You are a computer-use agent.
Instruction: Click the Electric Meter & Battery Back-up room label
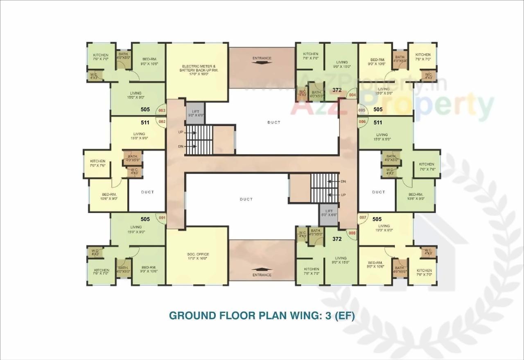[x=199, y=68]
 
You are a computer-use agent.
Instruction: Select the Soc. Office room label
[x=197, y=256]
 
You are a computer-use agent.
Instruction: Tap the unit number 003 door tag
[x=162, y=110]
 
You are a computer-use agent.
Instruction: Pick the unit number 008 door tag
[x=352, y=233]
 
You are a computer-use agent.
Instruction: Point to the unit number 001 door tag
[x=162, y=218]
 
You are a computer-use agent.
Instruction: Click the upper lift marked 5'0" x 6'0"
[x=195, y=113]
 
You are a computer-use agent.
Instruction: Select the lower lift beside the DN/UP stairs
[x=328, y=214]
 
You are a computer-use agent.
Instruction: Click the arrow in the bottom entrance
[x=262, y=270]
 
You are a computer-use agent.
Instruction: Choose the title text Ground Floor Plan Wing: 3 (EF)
[x=262, y=316]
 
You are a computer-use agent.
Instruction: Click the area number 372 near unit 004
[x=337, y=90]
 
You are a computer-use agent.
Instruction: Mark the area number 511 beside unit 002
[x=145, y=122]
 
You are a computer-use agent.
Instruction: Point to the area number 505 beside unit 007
[x=377, y=219]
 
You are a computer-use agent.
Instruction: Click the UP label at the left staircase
[x=181, y=132]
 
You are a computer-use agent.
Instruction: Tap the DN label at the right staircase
[x=343, y=181]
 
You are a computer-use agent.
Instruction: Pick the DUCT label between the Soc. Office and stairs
[x=246, y=199]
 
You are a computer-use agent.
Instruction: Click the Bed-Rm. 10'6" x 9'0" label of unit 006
[x=416, y=196]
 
